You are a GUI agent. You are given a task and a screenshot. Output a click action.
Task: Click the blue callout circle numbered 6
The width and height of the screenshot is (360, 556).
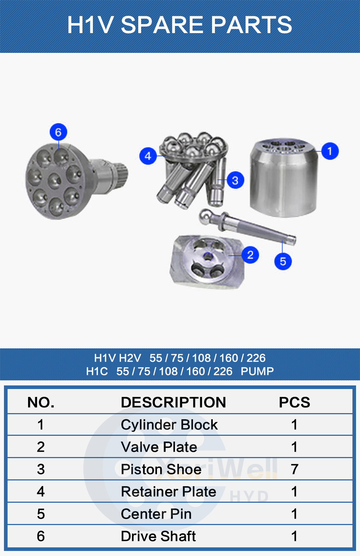(58, 132)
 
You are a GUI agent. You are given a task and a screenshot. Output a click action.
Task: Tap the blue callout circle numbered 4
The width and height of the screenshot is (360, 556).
(148, 156)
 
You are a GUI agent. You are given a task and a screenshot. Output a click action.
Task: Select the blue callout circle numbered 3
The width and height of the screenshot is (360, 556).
(235, 180)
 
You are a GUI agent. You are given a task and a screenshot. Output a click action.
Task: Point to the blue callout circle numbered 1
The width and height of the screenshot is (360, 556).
(330, 151)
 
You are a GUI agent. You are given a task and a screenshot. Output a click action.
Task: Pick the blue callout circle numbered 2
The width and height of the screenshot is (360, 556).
(250, 255)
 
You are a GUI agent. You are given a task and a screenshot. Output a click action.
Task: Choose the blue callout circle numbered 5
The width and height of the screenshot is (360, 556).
(283, 261)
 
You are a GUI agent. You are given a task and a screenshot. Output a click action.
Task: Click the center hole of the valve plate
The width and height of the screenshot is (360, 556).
(208, 257)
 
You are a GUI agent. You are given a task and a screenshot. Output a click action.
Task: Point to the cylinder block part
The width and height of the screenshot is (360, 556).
(284, 177)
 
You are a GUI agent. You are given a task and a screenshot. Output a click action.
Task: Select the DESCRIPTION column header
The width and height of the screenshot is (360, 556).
(173, 402)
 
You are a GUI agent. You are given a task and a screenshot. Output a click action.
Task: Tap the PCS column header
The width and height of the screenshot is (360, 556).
(294, 402)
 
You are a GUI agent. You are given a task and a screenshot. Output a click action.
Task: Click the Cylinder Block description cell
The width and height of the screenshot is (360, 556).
(169, 425)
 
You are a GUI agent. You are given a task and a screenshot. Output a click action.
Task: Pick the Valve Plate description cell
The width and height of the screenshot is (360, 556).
(159, 447)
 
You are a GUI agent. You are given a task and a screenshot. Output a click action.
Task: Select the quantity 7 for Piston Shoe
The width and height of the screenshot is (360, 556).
(294, 469)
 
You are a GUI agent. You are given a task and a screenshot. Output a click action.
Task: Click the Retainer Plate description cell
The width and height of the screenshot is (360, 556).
(168, 492)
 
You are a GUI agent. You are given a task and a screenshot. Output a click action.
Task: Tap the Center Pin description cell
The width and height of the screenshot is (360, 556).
(156, 514)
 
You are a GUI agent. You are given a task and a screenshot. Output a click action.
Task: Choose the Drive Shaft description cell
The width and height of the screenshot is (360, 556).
(158, 536)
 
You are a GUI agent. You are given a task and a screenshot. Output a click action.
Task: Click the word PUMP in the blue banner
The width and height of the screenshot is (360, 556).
(257, 371)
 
